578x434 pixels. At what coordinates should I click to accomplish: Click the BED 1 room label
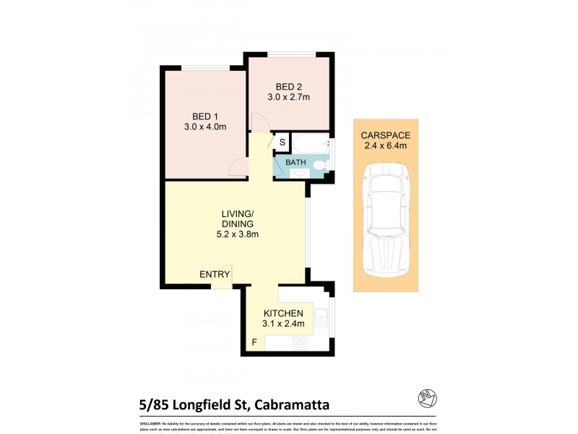[x=205, y=116]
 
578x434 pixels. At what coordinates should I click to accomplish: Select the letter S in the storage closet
[x=282, y=141]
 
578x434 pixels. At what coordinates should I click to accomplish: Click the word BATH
[x=296, y=162]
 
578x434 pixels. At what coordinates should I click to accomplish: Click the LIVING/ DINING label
[x=238, y=218]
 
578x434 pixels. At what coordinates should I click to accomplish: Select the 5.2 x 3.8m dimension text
[x=238, y=234]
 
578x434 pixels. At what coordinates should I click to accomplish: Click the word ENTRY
[x=215, y=274]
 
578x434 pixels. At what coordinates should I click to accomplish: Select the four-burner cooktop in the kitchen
[x=301, y=344]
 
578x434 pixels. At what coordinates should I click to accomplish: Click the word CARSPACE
[x=384, y=135]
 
